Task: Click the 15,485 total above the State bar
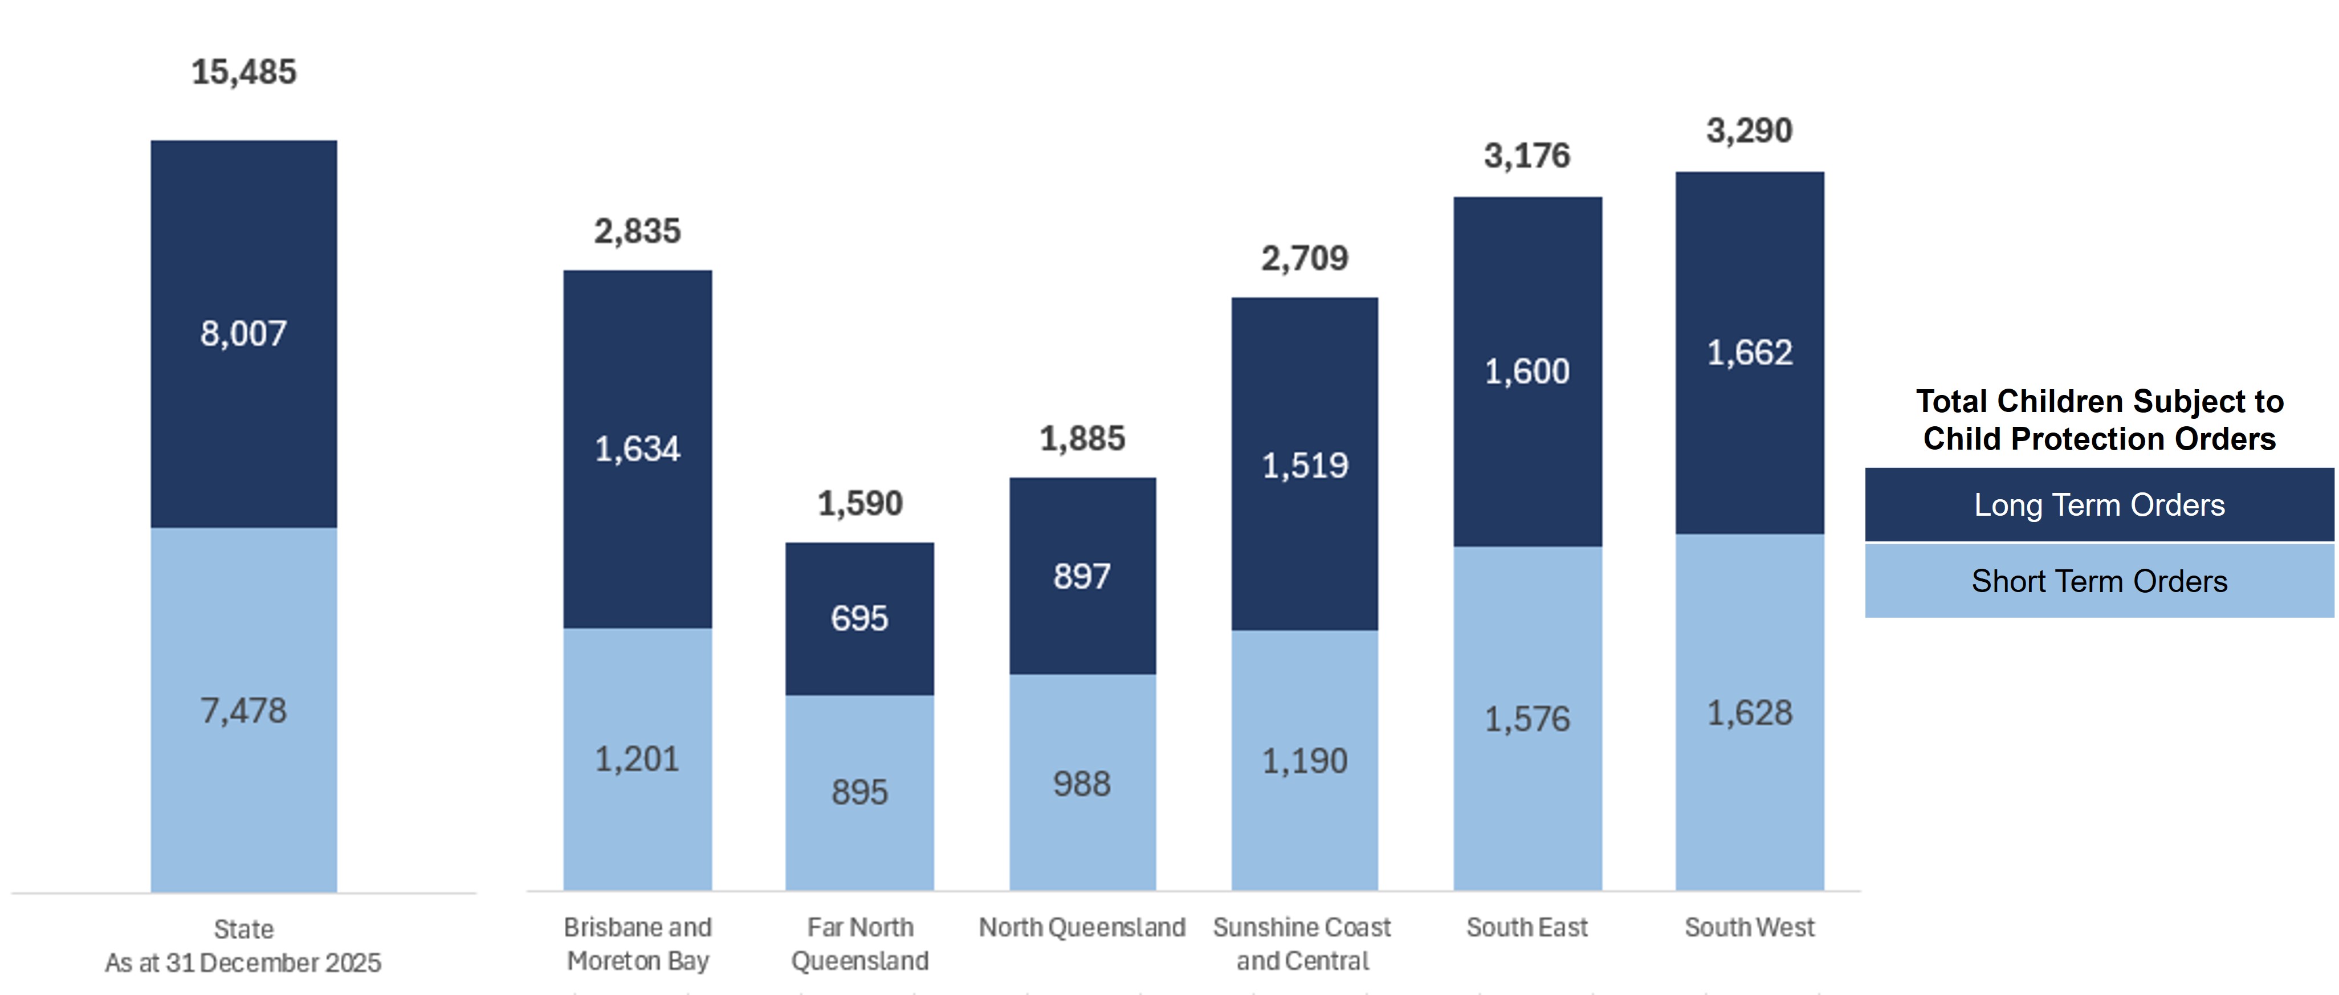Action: tap(243, 72)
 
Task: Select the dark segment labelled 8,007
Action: tap(243, 334)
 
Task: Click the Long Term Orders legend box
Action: tap(2098, 505)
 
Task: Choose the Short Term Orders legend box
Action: tap(2098, 581)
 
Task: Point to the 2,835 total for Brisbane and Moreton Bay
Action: tap(637, 231)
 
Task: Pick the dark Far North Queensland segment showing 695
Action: tap(859, 618)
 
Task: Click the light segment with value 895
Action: tap(859, 792)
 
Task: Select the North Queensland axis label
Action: tap(1081, 927)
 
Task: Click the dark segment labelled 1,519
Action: tap(1305, 466)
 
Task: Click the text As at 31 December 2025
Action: tap(243, 963)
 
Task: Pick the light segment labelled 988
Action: tap(1081, 784)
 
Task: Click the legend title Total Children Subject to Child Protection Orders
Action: tap(2098, 419)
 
